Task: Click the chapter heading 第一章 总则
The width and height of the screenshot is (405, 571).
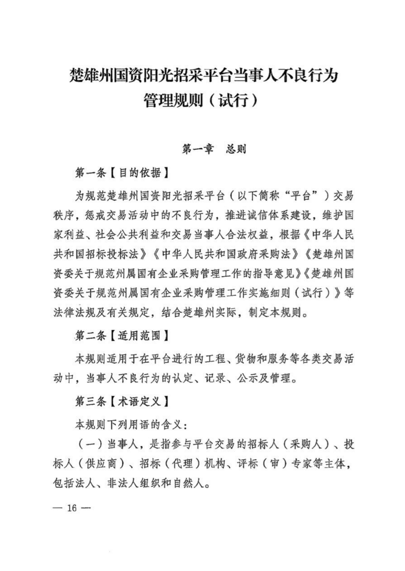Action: click(x=213, y=150)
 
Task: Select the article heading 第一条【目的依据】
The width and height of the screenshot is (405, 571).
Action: click(x=121, y=172)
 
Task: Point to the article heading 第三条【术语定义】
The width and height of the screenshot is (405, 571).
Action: click(x=121, y=402)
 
